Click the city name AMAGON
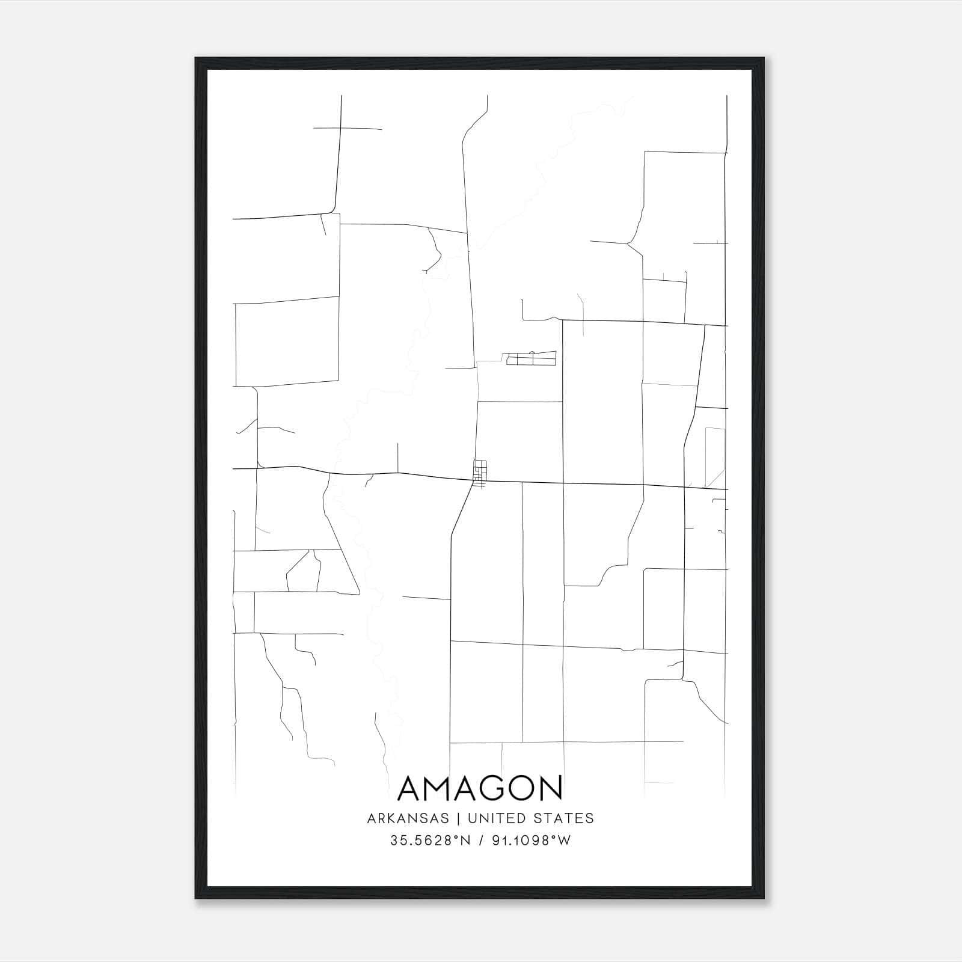480,788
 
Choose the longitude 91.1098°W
529,841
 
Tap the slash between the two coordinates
480,841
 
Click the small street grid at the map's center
480,473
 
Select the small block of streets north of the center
532,359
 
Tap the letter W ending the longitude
565,841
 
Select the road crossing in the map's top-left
340,128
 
